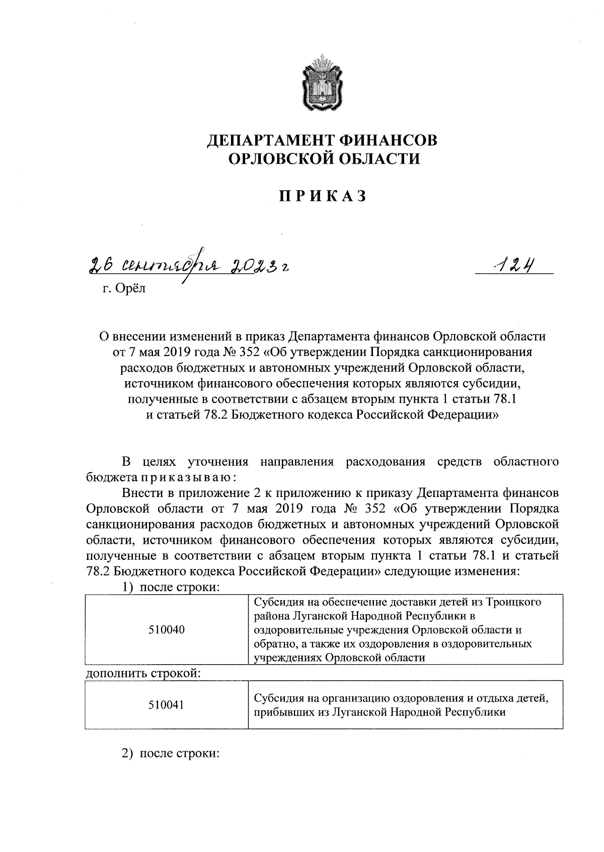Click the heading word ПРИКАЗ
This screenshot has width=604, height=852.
click(x=322, y=196)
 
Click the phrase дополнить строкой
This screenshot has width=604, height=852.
click(x=141, y=673)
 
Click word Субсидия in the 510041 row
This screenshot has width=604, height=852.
click(x=279, y=698)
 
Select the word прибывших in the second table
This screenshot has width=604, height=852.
click(x=280, y=712)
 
